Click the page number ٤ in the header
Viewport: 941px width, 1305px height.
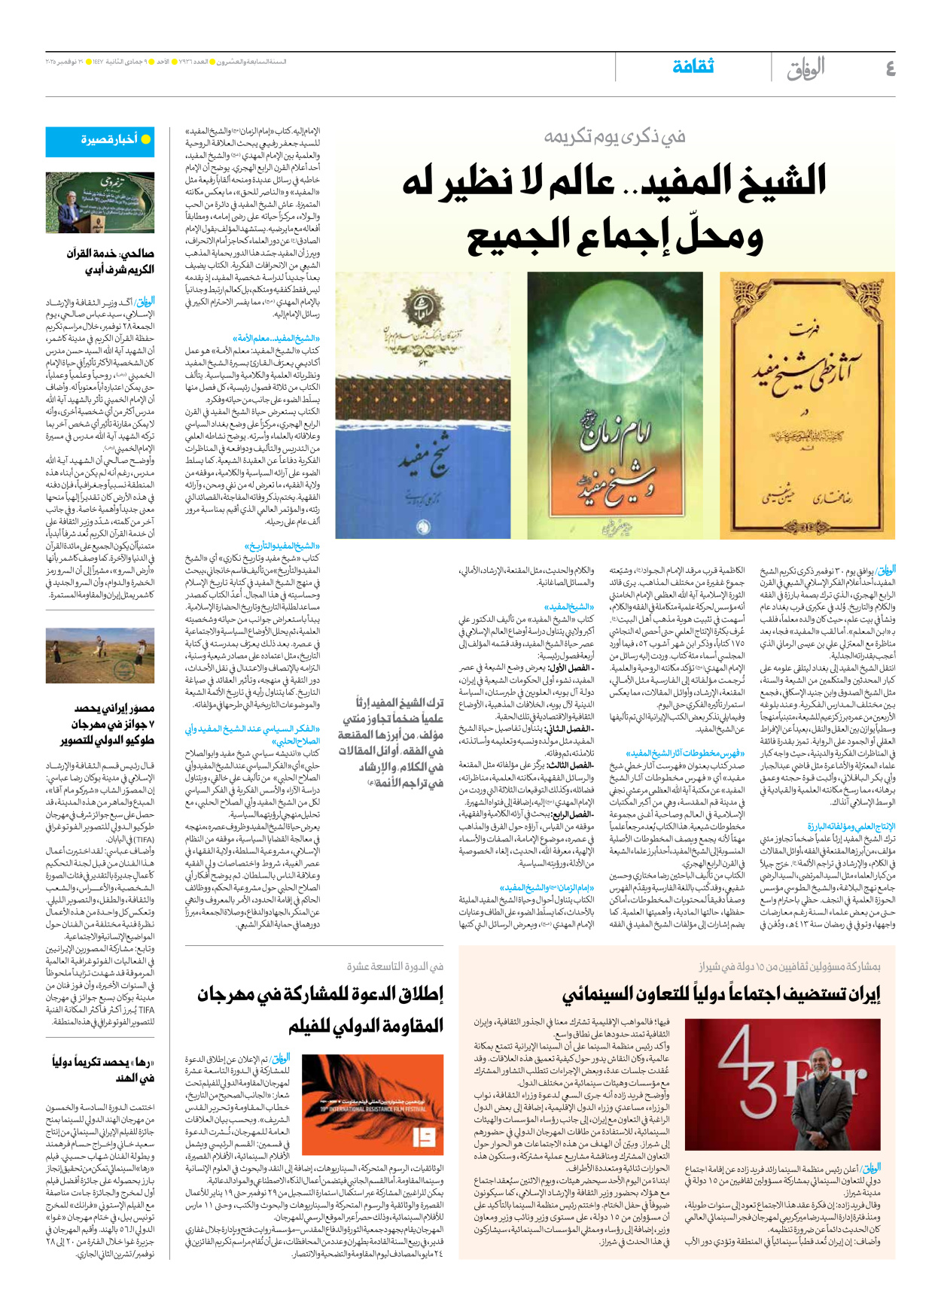[x=890, y=69]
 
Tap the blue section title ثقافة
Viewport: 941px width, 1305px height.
[x=693, y=67]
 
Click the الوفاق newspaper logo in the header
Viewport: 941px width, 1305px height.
[x=805, y=68]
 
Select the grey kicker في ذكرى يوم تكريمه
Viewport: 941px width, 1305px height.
[x=615, y=136]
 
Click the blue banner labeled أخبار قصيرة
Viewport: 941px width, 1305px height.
[x=100, y=140]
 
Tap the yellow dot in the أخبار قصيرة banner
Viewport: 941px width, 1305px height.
[x=146, y=140]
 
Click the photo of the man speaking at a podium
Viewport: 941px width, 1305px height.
[x=100, y=202]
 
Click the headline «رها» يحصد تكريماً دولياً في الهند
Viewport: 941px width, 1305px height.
[x=103, y=1069]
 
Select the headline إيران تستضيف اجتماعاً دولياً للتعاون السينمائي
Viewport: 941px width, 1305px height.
[x=721, y=995]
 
